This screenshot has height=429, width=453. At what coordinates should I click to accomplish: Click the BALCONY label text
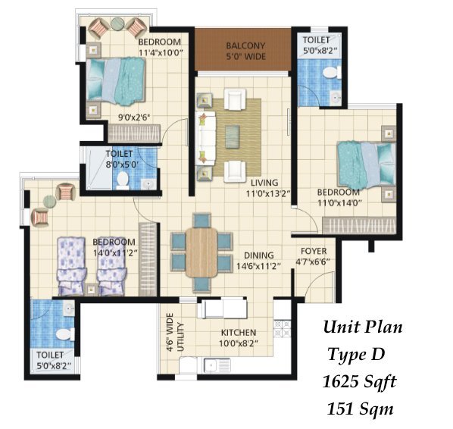245,45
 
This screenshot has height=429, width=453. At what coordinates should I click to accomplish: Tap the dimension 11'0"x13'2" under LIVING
268,193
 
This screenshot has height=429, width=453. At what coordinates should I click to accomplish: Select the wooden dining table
202,252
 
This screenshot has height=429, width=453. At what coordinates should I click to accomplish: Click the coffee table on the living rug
232,136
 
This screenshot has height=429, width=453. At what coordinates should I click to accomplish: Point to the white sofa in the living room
205,139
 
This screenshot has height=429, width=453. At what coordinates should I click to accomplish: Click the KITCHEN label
239,333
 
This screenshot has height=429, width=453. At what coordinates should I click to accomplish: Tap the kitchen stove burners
282,328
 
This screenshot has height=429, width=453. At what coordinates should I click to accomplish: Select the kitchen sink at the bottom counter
217,365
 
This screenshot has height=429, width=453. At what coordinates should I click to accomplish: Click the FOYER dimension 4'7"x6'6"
313,261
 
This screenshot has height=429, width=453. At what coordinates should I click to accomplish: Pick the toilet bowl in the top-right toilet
332,72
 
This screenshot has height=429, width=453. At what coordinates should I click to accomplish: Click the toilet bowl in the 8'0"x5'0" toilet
123,180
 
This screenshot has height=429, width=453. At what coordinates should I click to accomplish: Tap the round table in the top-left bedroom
117,23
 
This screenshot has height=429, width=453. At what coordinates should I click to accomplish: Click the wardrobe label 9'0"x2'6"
133,117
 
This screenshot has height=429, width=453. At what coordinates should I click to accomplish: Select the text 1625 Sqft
359,382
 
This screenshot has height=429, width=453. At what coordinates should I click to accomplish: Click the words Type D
356,355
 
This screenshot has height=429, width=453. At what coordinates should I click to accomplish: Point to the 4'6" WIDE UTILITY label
175,333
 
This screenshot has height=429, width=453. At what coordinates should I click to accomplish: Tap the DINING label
259,255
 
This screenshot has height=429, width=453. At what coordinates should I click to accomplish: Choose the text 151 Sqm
360,409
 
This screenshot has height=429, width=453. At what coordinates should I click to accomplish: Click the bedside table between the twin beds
92,289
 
